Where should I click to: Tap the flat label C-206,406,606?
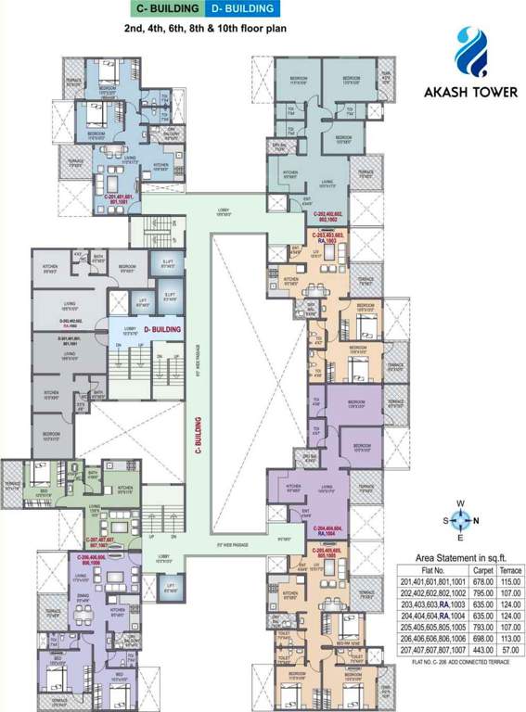click(95, 560)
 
